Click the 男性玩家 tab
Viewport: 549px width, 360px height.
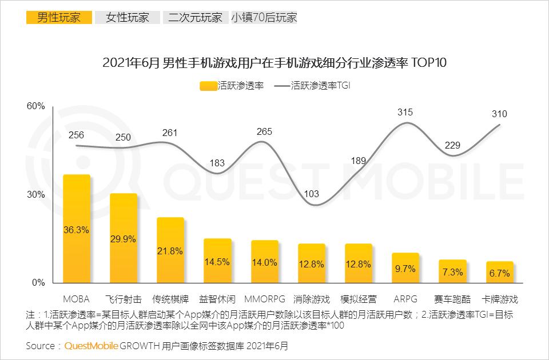[58, 17]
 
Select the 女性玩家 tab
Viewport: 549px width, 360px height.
[127, 17]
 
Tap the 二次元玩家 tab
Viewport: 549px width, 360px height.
[195, 17]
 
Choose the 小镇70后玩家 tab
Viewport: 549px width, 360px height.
[264, 17]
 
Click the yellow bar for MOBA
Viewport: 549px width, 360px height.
[77, 229]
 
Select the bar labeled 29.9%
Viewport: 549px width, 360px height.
[124, 239]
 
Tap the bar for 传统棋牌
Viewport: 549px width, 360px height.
[170, 250]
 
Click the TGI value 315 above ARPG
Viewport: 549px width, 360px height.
[405, 112]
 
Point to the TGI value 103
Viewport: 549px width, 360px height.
[312, 194]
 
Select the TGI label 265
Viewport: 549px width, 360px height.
[264, 132]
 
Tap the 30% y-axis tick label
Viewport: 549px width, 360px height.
[36, 194]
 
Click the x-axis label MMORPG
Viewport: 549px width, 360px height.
[264, 299]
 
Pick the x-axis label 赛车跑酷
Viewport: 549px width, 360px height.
[452, 299]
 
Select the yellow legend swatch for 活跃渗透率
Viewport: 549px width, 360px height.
[209, 86]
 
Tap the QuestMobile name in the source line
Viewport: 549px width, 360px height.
[91, 346]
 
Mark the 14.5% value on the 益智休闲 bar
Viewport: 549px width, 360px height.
[217, 262]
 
